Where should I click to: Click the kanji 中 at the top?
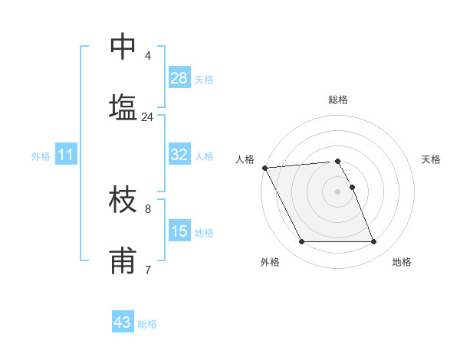123,47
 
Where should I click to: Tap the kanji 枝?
123,200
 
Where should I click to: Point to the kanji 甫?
123,260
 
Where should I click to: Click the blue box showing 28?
179,78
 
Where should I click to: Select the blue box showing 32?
179,155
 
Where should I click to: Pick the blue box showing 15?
179,231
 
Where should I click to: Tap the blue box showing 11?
66,155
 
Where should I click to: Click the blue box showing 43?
123,322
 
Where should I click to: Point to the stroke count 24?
147,117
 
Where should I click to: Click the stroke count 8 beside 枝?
147,208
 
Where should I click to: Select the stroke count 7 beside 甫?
147,269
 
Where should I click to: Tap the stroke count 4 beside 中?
148,56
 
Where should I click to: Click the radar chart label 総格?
338,100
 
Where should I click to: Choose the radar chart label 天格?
431,159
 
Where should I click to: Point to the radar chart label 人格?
245,159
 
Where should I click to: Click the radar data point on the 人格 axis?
264,168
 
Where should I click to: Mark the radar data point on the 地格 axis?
373,242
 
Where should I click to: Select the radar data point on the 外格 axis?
301,242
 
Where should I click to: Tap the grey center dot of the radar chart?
337,191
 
